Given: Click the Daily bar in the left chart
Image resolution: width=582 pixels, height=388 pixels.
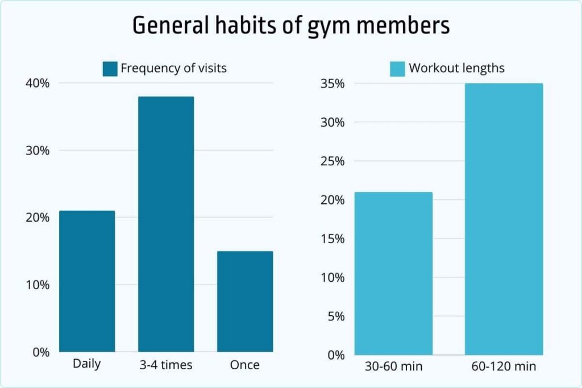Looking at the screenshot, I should click(x=87, y=281).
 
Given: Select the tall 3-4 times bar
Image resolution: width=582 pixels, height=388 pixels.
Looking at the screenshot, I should click(x=166, y=224).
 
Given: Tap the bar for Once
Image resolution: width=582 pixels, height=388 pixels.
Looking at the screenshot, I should click(x=245, y=301).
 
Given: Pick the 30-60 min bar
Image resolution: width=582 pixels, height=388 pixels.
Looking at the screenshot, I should click(x=393, y=273).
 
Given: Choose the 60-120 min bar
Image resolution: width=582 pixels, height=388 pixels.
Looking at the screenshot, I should click(x=504, y=219).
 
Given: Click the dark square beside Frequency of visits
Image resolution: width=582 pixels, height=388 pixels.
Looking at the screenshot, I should click(x=110, y=69).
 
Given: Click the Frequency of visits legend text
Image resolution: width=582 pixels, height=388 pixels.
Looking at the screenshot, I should click(x=173, y=69).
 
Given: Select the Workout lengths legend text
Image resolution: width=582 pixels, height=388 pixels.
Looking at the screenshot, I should click(x=456, y=69).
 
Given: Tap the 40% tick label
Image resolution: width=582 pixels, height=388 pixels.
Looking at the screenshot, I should click(x=37, y=84).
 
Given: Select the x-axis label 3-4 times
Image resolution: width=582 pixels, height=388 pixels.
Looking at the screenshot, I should click(x=166, y=365).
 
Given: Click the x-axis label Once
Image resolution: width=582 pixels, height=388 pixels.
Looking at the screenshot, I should click(x=245, y=365).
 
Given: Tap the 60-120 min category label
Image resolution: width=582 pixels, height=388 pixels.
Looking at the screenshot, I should click(x=504, y=367).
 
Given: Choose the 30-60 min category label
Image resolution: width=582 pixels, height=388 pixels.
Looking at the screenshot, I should click(x=393, y=367).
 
